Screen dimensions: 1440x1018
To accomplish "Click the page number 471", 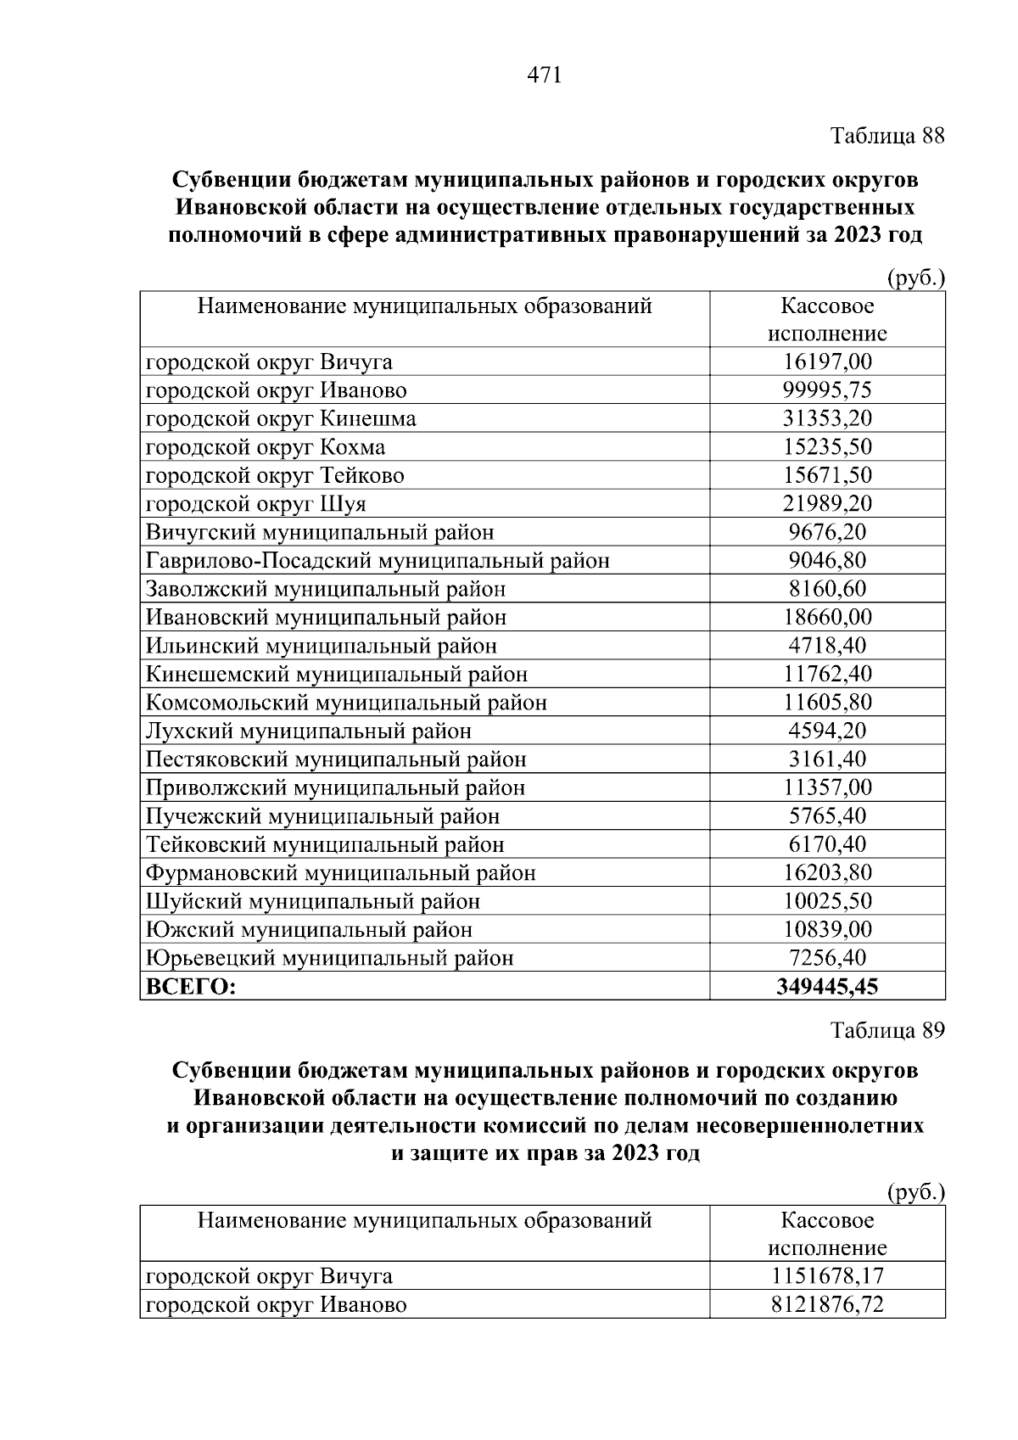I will pyautogui.click(x=545, y=76).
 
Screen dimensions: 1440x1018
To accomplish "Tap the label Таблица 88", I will pyautogui.click(x=887, y=136).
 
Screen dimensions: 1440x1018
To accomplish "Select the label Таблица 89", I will pyautogui.click(x=887, y=1030).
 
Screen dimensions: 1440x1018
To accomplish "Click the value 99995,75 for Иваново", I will pyautogui.click(x=827, y=390).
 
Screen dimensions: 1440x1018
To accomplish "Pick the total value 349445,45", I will pyautogui.click(x=827, y=987).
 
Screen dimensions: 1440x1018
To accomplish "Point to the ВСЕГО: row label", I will pyautogui.click(x=191, y=987).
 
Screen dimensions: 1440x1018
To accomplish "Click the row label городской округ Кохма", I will pyautogui.click(x=266, y=447).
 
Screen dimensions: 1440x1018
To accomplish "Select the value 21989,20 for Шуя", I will pyautogui.click(x=827, y=504).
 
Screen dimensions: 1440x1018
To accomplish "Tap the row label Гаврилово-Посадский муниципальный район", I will pyautogui.click(x=378, y=561).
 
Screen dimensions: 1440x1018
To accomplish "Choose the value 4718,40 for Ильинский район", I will pyautogui.click(x=827, y=646).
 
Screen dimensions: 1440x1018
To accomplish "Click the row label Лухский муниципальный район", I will pyautogui.click(x=309, y=731).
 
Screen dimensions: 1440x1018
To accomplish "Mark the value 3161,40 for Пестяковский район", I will pyautogui.click(x=827, y=759).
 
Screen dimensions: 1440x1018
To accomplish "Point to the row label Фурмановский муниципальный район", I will pyautogui.click(x=341, y=873).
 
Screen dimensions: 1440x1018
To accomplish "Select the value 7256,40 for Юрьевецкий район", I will pyautogui.click(x=827, y=958).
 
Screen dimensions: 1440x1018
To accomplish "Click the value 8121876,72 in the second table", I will pyautogui.click(x=827, y=1304).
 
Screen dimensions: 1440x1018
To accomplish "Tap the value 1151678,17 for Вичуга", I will pyautogui.click(x=827, y=1276).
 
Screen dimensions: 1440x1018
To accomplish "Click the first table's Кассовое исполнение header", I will pyautogui.click(x=827, y=319).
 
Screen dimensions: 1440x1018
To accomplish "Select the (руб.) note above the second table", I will pyautogui.click(x=915, y=1192).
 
